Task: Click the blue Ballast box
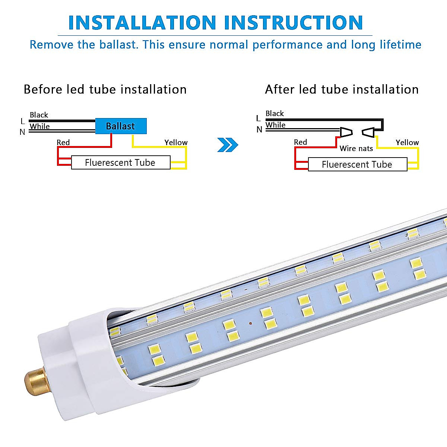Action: tap(121, 126)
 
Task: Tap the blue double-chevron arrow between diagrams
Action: tap(227, 145)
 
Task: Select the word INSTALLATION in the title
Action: tap(142, 23)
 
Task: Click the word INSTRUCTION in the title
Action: tap(295, 23)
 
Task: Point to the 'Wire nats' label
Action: tap(356, 149)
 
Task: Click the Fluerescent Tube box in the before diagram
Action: tap(121, 163)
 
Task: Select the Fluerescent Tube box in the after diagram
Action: tap(357, 165)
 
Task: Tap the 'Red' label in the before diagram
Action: tap(63, 142)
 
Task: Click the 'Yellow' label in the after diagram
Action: tap(407, 143)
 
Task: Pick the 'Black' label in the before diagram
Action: tap(39, 115)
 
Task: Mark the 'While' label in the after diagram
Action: tap(276, 125)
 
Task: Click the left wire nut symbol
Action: tap(346, 132)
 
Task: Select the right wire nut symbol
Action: tap(369, 132)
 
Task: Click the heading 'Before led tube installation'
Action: tap(105, 90)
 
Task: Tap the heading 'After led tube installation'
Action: tap(342, 90)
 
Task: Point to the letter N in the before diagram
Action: tap(22, 132)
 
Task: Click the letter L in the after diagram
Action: tap(258, 118)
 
